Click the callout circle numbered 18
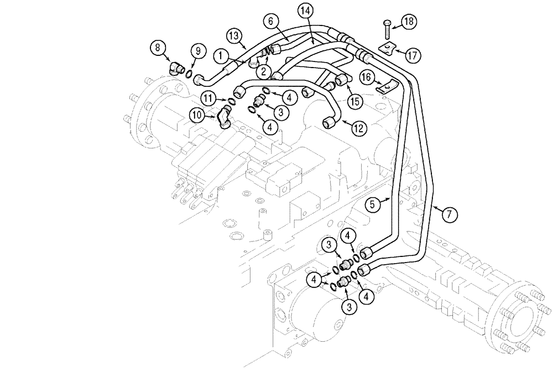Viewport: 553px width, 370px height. [409, 22]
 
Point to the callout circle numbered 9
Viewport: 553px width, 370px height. [196, 52]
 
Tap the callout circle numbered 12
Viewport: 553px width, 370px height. [358, 129]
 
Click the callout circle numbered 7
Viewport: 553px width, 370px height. [450, 214]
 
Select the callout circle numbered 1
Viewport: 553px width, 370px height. [221, 55]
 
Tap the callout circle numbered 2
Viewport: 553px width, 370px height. [263, 71]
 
